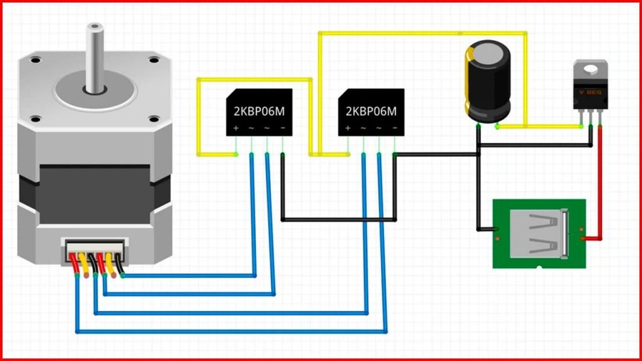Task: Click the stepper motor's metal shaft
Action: pyautogui.click(x=95, y=57)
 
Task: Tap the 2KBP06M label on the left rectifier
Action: pyautogui.click(x=259, y=112)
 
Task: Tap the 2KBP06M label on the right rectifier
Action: pyautogui.click(x=371, y=112)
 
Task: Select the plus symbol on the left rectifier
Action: pyautogui.click(x=236, y=128)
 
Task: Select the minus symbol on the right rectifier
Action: pyautogui.click(x=395, y=128)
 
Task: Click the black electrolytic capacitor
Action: pyautogui.click(x=488, y=81)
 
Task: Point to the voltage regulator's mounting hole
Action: pyautogui.click(x=591, y=69)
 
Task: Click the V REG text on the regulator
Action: pyautogui.click(x=590, y=93)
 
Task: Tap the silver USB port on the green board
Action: pyautogui.click(x=539, y=234)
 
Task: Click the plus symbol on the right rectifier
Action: pyautogui.click(x=348, y=128)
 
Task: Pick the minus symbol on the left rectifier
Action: pyautogui.click(x=283, y=128)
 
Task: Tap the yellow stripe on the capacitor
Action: pyautogui.click(x=468, y=80)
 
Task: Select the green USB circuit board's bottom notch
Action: pyautogui.click(x=539, y=268)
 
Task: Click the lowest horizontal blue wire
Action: pyautogui.click(x=231, y=332)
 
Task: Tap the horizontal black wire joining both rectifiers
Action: pyautogui.click(x=339, y=220)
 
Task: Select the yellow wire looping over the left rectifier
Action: pyautogui.click(x=254, y=80)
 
